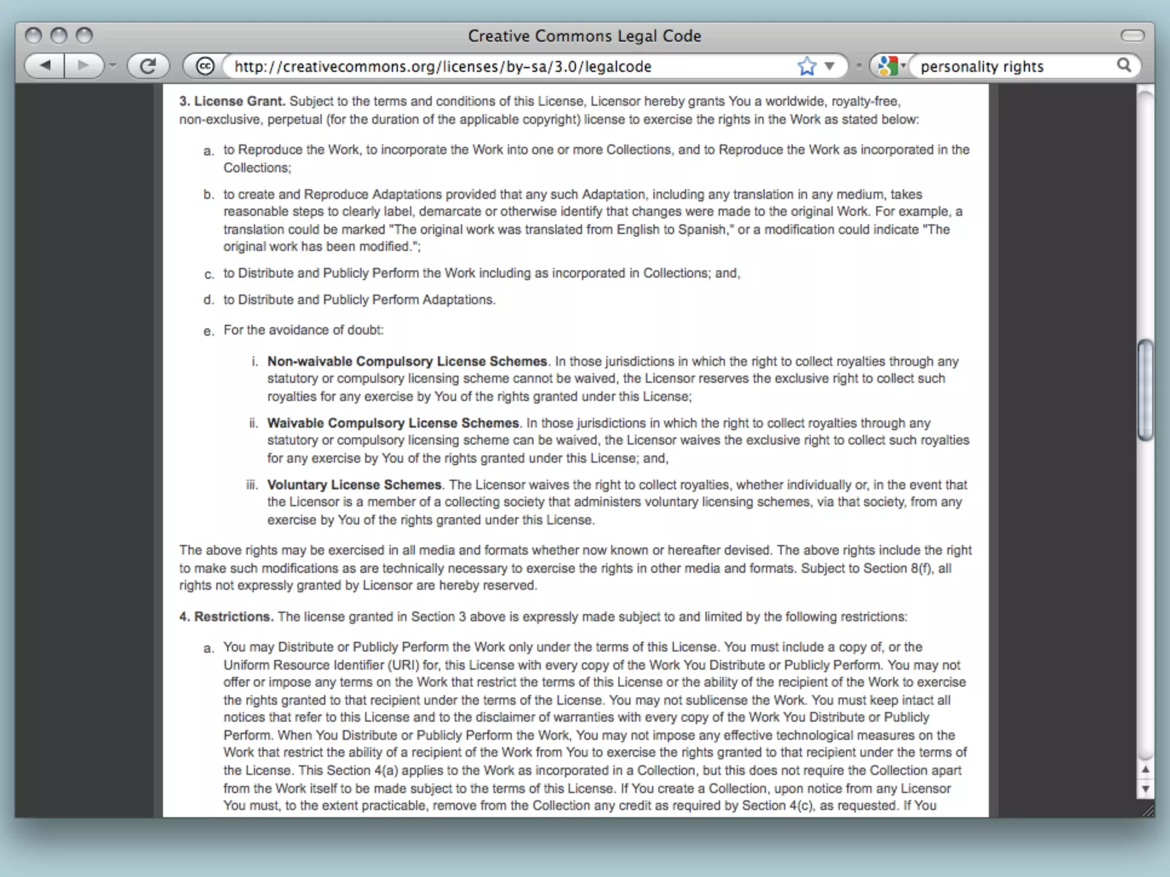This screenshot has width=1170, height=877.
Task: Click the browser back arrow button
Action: (45, 66)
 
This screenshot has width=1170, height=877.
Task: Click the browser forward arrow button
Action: (83, 66)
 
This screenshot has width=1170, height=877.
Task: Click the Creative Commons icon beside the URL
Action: (205, 66)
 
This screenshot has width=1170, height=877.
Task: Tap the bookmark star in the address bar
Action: (806, 66)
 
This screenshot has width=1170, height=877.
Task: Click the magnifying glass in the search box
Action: (1124, 66)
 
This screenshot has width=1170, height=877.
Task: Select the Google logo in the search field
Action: (887, 66)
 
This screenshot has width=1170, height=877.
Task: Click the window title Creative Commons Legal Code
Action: (584, 36)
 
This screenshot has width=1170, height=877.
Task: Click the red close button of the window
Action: (34, 36)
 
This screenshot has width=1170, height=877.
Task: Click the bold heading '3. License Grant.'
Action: (231, 101)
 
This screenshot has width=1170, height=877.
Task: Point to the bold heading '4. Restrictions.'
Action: (226, 617)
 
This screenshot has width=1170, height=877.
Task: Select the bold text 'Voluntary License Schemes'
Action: (354, 485)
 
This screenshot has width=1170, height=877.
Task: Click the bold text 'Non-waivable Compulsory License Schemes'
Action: (407, 361)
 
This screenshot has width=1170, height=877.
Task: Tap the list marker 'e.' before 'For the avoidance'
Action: (209, 331)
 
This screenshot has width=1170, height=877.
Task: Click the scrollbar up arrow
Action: (1145, 770)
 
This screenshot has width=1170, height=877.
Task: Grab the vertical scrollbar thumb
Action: (1145, 390)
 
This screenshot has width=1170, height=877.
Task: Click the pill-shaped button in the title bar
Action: (1132, 36)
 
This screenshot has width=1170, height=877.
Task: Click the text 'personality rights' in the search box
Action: (981, 67)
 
